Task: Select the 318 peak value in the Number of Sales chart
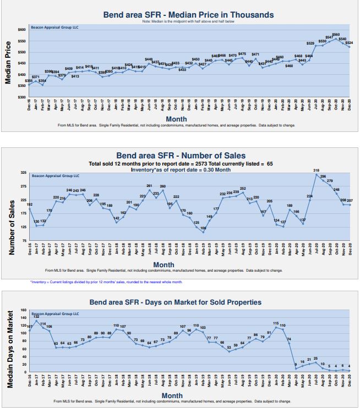pos(316,171)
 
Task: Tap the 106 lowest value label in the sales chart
pos(203,228)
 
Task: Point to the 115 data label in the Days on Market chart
pos(276,323)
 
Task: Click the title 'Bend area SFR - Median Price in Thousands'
pos(188,15)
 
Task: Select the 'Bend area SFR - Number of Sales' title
pos(181,156)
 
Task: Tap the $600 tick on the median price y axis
pos(23,29)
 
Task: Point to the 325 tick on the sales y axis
pos(23,173)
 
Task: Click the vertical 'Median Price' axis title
pos(9,62)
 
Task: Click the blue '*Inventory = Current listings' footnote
pos(106,282)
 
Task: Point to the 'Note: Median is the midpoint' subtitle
pos(188,21)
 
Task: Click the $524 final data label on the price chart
pos(349,42)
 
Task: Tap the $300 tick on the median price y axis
pos(23,97)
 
